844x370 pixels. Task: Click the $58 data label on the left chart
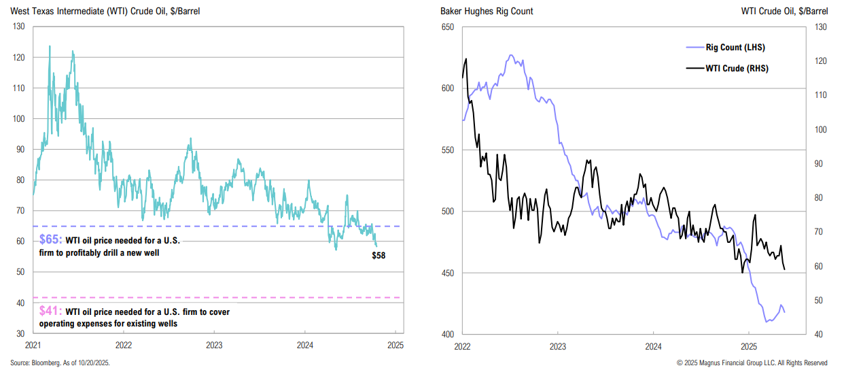coord(379,255)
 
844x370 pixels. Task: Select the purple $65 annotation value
coord(50,240)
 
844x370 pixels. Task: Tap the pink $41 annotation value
coord(50,312)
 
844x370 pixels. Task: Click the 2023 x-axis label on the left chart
coord(214,345)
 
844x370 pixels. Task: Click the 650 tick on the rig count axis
coord(447,27)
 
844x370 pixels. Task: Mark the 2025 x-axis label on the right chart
coord(748,345)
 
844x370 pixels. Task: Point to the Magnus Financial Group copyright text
coord(752,363)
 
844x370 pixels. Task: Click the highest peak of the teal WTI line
coord(50,46)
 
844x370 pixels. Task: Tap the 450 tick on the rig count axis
coord(447,273)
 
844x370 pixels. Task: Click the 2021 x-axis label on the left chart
coord(33,345)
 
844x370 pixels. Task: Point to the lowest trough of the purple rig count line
coord(767,321)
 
